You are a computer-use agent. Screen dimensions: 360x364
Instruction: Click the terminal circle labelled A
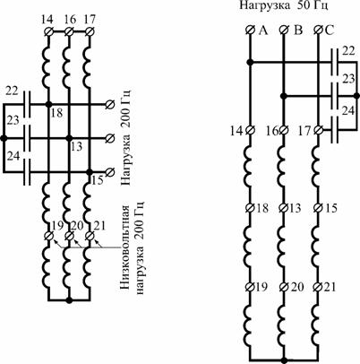click(250, 30)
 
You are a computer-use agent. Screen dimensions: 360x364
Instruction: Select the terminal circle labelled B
click(284, 30)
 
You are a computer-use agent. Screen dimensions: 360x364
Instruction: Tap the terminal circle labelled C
click(319, 30)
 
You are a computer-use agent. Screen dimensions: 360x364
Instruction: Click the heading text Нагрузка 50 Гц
click(284, 6)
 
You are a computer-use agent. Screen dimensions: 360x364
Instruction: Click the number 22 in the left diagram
click(13, 91)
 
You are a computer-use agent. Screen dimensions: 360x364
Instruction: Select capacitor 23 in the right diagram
click(335, 96)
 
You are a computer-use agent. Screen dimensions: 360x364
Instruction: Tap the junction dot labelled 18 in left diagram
click(48, 104)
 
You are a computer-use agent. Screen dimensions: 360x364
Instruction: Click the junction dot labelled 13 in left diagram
click(69, 138)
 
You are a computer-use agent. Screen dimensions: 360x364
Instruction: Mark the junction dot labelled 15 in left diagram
click(89, 172)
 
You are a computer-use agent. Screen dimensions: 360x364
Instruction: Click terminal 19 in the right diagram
click(250, 287)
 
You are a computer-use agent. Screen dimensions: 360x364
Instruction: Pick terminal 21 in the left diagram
click(89, 236)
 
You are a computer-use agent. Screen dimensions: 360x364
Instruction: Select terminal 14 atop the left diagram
click(48, 31)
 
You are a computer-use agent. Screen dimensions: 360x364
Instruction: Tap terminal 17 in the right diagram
click(319, 130)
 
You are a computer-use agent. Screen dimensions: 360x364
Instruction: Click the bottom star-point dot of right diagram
click(284, 360)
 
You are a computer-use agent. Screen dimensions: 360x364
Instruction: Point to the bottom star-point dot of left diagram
click(69, 299)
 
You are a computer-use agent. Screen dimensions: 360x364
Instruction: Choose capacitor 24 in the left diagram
click(27, 172)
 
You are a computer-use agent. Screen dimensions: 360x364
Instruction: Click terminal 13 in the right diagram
click(284, 207)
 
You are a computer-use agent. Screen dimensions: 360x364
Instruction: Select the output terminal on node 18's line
click(110, 104)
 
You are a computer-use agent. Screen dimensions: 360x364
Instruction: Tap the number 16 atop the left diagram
click(71, 21)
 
